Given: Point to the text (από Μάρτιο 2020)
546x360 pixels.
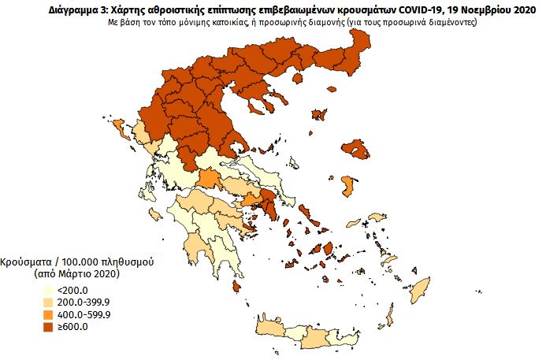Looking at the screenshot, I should click(x=76, y=273).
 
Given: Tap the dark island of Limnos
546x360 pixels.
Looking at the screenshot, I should click(x=320, y=115).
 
